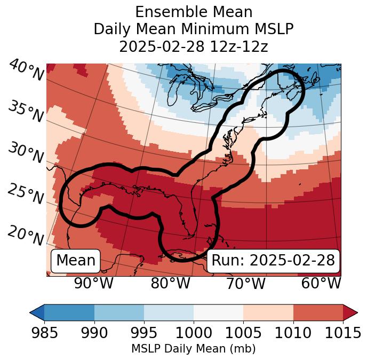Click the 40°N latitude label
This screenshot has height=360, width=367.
[x=26, y=71]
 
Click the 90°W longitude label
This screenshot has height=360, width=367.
[x=93, y=284]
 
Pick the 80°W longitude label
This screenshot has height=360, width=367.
[x=170, y=284]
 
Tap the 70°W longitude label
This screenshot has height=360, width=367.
[x=245, y=284]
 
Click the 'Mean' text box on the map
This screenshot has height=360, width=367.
[x=76, y=261]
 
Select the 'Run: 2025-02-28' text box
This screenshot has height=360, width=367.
[x=273, y=261]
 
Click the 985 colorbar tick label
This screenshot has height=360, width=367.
[x=44, y=333]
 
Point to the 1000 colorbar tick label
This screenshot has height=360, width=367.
[x=194, y=333]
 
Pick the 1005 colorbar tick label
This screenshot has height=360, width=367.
[x=243, y=333]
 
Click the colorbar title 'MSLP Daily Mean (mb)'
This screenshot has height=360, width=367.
[x=193, y=349]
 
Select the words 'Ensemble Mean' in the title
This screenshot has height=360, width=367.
[x=193, y=12]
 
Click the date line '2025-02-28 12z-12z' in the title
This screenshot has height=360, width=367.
[x=193, y=46]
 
